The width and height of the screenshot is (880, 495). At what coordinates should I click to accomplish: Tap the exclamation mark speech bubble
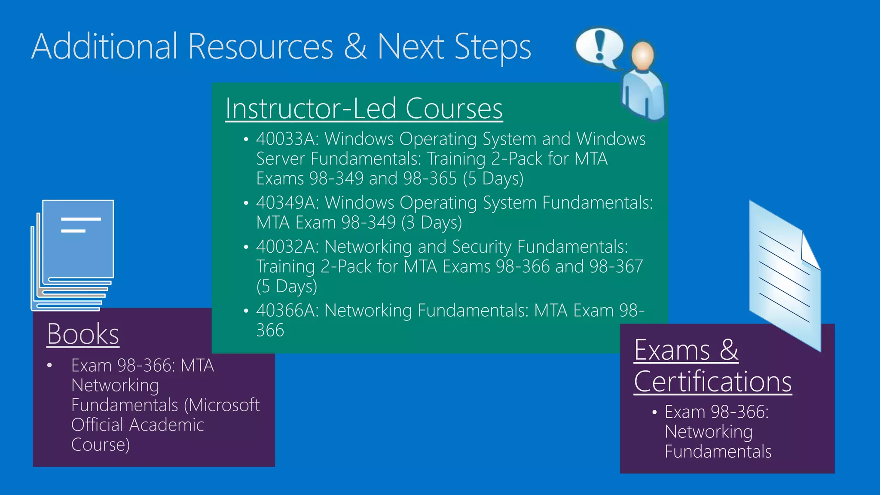(x=599, y=46)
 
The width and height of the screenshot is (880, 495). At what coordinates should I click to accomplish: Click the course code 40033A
(x=287, y=139)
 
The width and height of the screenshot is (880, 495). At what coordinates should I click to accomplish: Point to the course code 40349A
(x=287, y=203)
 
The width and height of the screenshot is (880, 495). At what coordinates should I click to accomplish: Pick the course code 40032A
(x=287, y=247)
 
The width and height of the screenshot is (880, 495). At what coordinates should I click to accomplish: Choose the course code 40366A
(x=287, y=310)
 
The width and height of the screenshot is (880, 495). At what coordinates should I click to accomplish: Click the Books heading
(x=83, y=334)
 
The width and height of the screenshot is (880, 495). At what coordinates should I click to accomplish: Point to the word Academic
(x=167, y=425)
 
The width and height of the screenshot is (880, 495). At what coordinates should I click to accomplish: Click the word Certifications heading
(x=712, y=382)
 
